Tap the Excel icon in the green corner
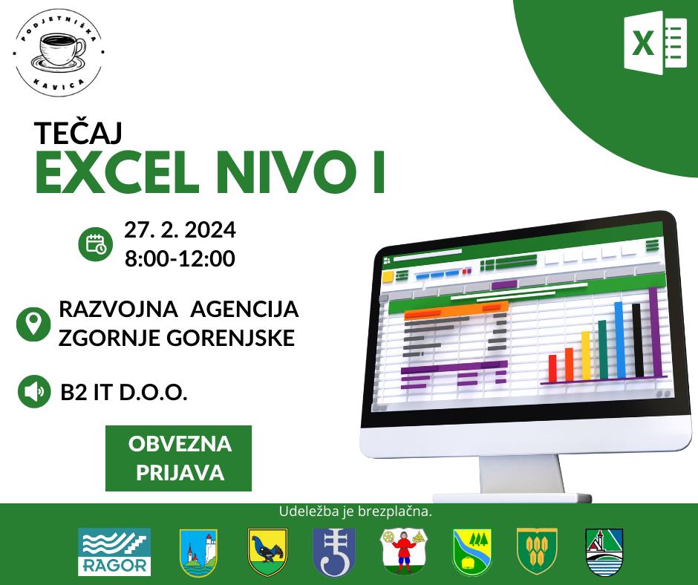(655, 43)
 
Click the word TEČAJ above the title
(79, 133)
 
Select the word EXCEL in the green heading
(117, 172)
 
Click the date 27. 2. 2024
(180, 229)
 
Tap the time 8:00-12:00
(180, 258)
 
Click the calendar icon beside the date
(95, 244)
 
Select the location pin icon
(33, 324)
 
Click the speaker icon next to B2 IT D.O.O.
(34, 392)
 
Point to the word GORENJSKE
(231, 338)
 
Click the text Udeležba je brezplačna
(355, 512)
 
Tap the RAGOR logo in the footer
(114, 552)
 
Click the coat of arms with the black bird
(267, 552)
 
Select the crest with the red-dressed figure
(404, 552)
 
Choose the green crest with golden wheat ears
(537, 552)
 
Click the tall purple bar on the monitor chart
(655, 333)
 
